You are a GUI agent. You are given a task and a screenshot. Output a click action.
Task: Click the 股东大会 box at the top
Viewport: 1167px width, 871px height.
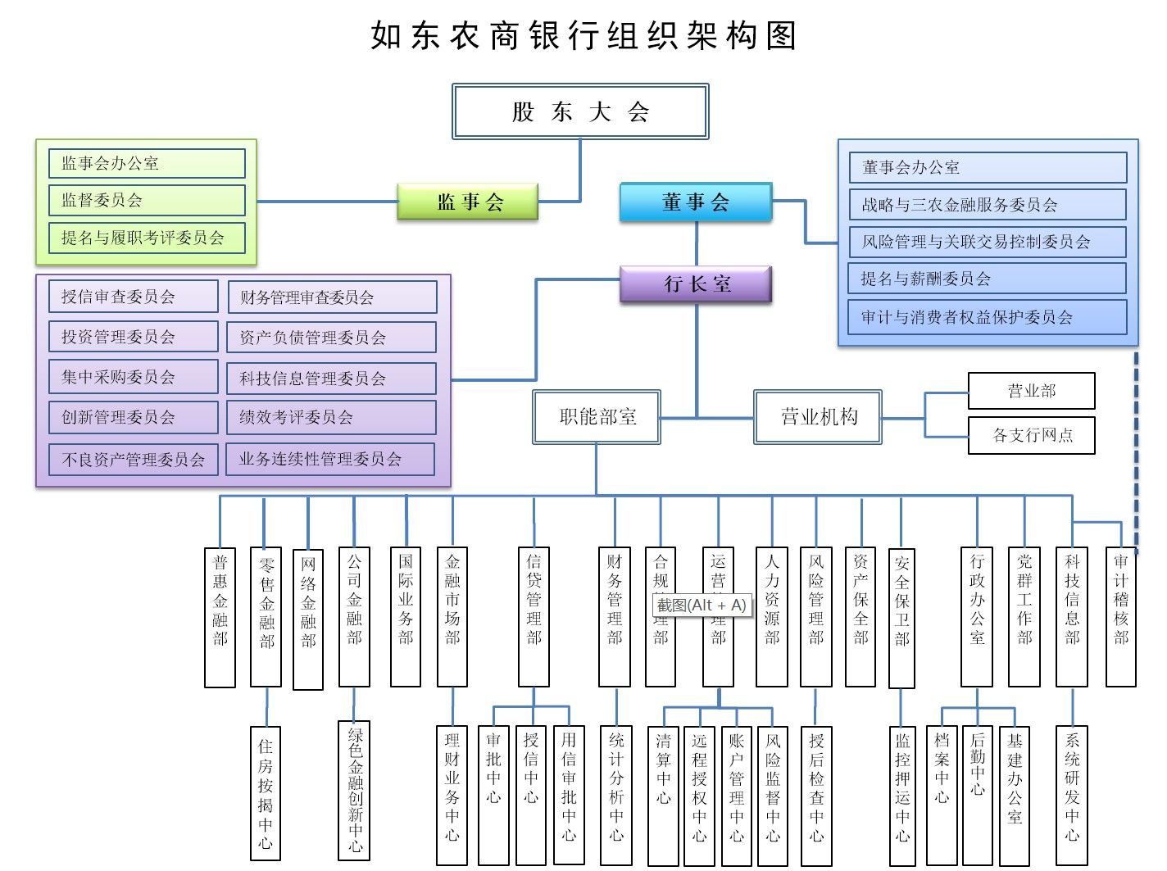tap(580, 111)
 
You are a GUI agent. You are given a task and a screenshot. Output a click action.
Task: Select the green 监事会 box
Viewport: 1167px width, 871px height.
tap(468, 202)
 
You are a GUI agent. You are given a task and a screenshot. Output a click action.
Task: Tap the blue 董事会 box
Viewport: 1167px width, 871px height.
tap(696, 202)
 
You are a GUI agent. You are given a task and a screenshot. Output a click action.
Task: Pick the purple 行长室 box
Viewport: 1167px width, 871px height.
tap(696, 284)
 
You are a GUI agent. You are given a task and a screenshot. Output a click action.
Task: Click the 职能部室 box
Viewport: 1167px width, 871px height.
tap(597, 417)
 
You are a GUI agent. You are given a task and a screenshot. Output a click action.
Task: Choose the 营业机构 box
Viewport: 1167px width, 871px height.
tap(817, 417)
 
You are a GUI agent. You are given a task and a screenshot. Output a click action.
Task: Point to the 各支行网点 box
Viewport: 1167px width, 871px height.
tap(1031, 435)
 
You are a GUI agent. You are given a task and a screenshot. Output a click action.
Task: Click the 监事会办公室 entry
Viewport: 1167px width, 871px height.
tap(147, 163)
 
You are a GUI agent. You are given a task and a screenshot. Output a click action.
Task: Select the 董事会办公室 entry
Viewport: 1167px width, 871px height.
tap(988, 167)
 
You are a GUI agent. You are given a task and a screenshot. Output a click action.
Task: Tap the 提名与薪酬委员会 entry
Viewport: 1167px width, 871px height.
tap(987, 279)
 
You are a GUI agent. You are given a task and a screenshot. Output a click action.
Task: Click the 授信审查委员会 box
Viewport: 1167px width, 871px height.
tap(133, 297)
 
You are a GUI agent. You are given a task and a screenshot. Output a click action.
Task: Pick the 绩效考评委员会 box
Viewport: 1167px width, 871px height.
tap(331, 417)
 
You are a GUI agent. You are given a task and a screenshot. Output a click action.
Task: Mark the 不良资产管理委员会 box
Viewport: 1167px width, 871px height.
tap(133, 459)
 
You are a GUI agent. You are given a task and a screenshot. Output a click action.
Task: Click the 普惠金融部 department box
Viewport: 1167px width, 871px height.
tap(220, 617)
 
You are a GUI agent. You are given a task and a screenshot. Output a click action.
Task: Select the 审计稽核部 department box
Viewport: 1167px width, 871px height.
tap(1120, 617)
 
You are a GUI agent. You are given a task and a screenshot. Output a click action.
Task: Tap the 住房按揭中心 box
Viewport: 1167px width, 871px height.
tap(266, 793)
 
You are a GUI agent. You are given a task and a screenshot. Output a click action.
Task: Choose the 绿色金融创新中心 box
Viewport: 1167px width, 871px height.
tap(354, 789)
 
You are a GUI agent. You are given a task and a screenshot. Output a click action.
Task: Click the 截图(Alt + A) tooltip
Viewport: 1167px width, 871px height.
tap(702, 606)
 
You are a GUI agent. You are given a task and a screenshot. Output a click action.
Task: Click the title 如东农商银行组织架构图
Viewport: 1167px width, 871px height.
tap(583, 36)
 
